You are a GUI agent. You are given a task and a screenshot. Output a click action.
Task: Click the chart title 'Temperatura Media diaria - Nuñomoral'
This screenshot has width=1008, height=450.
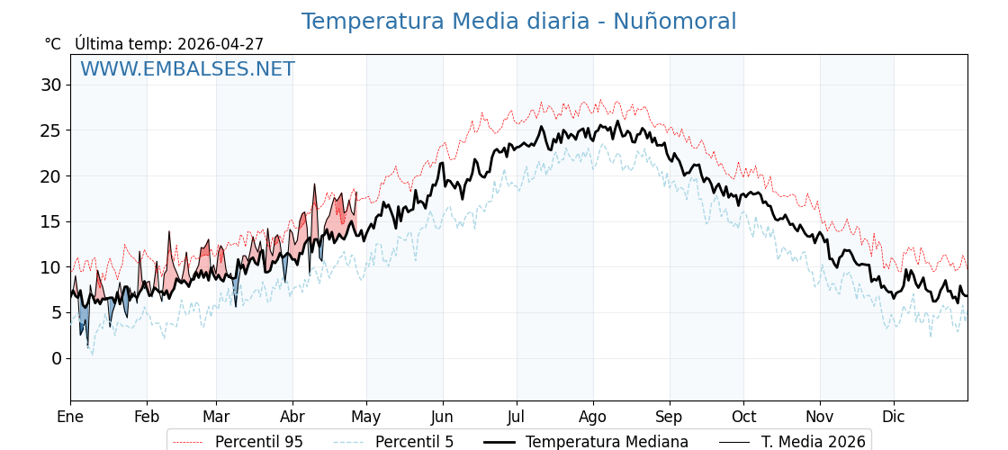(x=518, y=22)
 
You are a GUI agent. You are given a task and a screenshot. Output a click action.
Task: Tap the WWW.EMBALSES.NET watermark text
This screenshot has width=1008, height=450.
(x=187, y=69)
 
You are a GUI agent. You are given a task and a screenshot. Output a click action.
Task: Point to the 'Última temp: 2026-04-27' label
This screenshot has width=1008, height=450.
(x=169, y=44)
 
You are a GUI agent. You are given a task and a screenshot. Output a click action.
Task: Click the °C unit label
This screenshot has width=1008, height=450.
(x=53, y=44)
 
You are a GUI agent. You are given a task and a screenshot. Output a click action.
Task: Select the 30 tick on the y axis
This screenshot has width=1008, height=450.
(x=50, y=85)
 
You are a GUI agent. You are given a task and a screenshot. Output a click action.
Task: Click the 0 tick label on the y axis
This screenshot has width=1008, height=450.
(x=57, y=358)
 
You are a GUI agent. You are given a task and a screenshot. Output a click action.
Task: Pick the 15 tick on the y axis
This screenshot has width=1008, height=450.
(x=50, y=221)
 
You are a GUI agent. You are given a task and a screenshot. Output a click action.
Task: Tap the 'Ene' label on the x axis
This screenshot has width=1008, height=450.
(x=70, y=417)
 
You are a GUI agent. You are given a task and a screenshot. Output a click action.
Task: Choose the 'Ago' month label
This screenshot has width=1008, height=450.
(x=593, y=417)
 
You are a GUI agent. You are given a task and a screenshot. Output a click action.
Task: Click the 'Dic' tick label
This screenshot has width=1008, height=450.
(x=894, y=417)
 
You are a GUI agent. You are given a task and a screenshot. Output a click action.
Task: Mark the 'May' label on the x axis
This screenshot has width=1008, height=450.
(x=366, y=417)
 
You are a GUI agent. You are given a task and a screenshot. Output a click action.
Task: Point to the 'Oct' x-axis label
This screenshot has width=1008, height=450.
(x=743, y=417)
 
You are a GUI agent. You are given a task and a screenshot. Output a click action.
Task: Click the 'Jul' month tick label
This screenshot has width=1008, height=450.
(x=517, y=417)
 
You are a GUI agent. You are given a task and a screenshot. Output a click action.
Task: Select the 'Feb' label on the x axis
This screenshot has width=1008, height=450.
(x=147, y=417)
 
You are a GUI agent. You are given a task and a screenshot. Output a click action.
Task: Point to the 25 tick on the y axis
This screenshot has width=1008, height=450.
(x=50, y=130)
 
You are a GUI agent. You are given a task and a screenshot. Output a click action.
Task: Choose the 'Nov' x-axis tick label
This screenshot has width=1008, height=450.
(x=820, y=417)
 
